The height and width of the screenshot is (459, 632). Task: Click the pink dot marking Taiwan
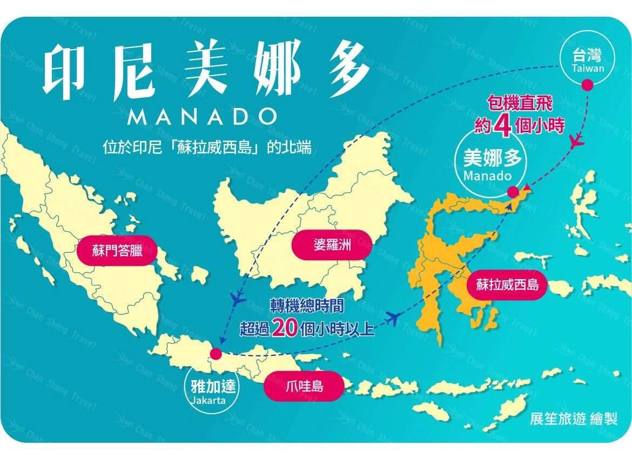pyautogui.click(x=587, y=85)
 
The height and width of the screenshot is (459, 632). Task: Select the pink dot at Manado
pyautogui.click(x=513, y=192)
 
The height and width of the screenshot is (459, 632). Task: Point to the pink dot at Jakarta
pyautogui.click(x=216, y=354)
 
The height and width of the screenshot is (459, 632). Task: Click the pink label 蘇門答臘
pyautogui.click(x=117, y=250)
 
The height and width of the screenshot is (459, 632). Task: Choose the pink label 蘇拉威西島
pyautogui.click(x=507, y=284)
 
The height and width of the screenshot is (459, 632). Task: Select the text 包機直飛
pyautogui.click(x=520, y=102)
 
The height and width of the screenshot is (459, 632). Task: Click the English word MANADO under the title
pyautogui.click(x=196, y=116)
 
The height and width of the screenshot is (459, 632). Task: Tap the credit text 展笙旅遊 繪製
pyautogui.click(x=573, y=419)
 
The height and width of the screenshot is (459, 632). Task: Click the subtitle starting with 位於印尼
pyautogui.click(x=207, y=147)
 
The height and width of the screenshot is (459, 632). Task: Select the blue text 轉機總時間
pyautogui.click(x=306, y=306)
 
